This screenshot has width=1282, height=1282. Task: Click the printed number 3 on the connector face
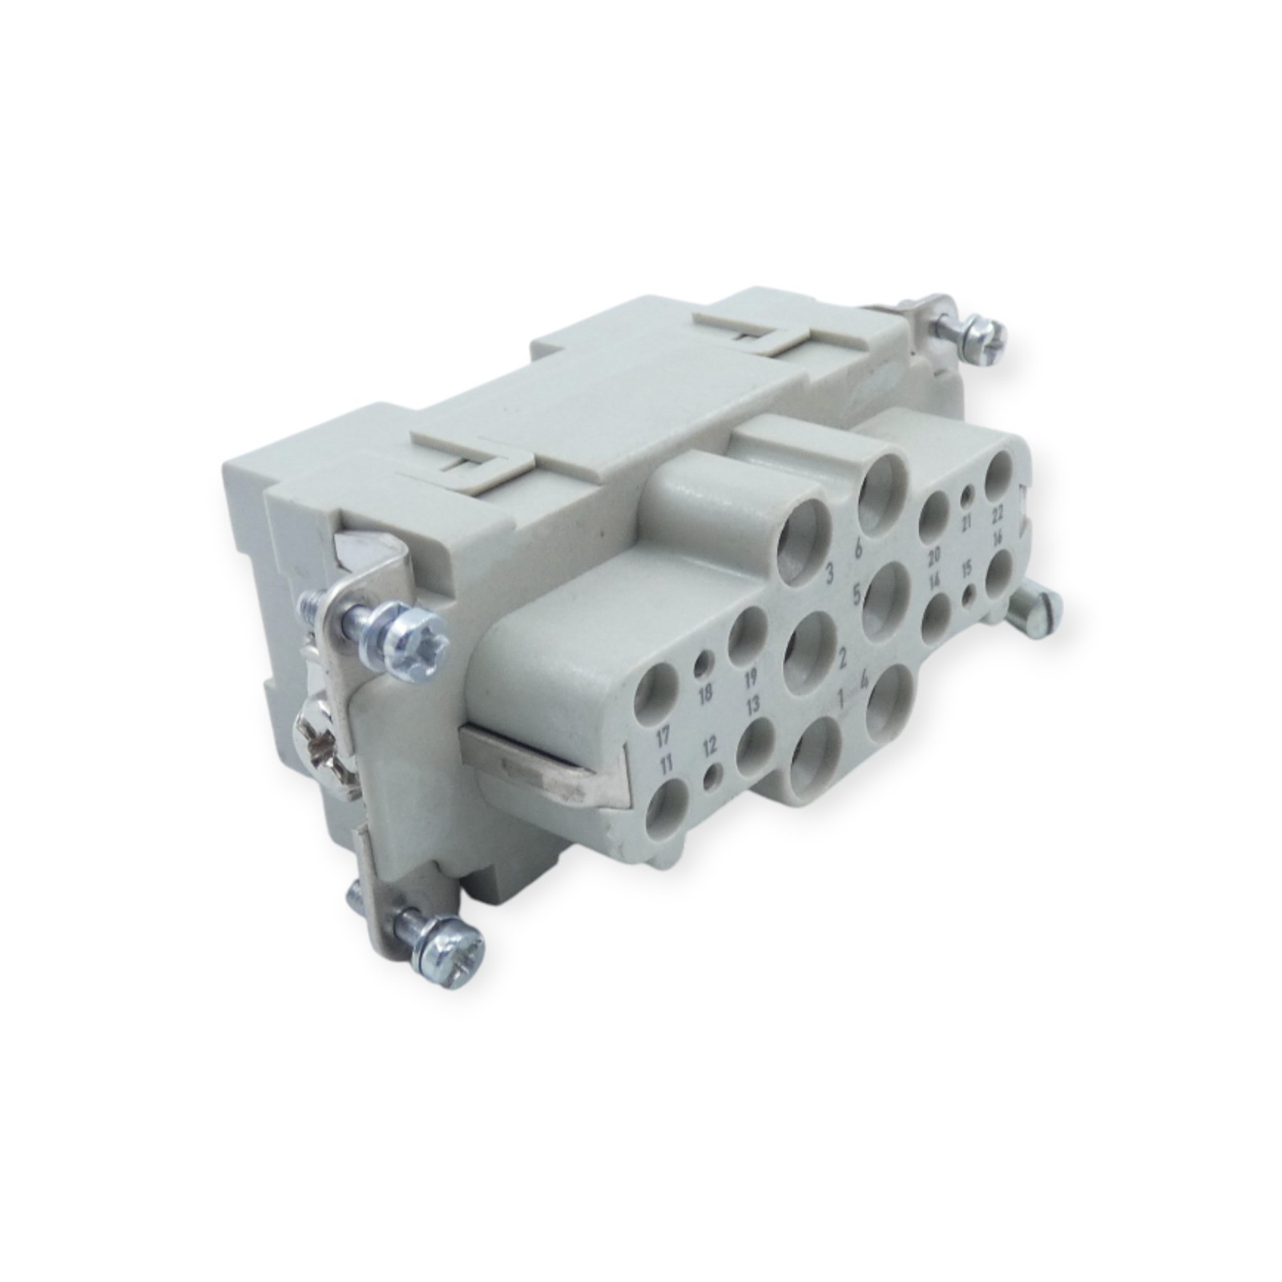tap(831, 573)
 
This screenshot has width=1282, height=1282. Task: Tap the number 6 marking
tap(858, 550)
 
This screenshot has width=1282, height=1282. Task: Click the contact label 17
tap(663, 734)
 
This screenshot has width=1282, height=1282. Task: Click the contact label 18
tap(706, 694)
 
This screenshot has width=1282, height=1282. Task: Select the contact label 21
tap(967, 523)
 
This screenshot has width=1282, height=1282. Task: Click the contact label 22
tap(998, 513)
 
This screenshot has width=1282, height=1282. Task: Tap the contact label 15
tap(967, 570)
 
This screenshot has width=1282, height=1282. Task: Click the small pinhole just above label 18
tap(703, 663)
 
